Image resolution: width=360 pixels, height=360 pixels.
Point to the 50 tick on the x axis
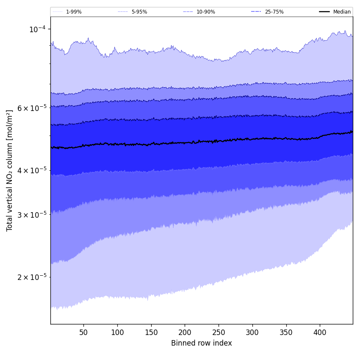pos(83,332)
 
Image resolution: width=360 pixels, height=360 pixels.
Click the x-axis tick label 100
pos(117,332)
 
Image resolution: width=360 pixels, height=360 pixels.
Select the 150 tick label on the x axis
pos(151,332)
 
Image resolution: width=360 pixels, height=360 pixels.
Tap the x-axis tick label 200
pos(185,332)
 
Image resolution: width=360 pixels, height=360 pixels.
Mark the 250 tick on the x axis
pos(219,332)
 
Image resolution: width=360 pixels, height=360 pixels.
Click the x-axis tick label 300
pos(252,332)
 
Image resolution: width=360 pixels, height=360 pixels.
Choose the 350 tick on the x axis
pos(286,332)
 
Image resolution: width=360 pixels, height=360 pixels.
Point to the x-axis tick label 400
pos(320,332)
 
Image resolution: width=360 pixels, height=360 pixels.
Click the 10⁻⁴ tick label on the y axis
pos(37,29)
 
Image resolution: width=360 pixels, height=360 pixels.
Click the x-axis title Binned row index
pos(202,343)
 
